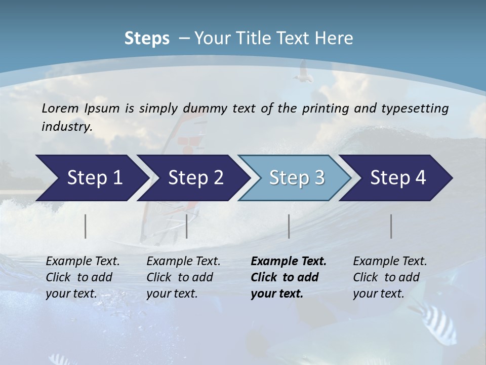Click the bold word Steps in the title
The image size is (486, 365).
147,39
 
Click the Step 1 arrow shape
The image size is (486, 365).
91,178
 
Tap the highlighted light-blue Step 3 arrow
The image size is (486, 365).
296,178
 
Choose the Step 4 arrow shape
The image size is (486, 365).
398,178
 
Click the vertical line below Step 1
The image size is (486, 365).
86,226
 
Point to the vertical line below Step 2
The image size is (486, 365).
187,226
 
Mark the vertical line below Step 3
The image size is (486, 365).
289,226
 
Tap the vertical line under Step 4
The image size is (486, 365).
391,226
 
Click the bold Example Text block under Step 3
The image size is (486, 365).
288,277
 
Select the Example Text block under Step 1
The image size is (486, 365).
83,277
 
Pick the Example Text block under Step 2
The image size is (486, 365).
183,277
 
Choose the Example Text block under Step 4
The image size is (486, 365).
390,277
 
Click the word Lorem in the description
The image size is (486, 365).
60,108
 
